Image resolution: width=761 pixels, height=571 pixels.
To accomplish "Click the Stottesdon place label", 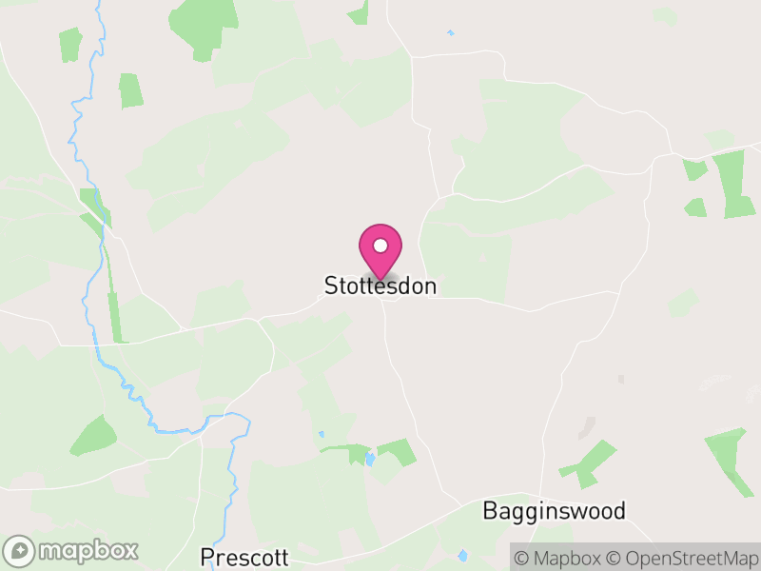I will [380, 285].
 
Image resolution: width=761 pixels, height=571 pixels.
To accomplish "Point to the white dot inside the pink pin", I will [380, 246].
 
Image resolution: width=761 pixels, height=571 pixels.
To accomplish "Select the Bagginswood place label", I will [555, 511].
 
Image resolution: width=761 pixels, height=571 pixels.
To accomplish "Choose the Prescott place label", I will [244, 556].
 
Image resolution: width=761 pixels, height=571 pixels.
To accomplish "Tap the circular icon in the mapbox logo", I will [19, 550].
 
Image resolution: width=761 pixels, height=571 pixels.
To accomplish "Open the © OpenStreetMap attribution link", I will [681, 557].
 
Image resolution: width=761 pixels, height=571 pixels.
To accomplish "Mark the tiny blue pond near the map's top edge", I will [450, 33].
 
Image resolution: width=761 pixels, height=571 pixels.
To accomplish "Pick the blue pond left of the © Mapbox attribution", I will [463, 555].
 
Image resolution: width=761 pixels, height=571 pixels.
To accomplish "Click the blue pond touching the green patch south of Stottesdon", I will [369, 460].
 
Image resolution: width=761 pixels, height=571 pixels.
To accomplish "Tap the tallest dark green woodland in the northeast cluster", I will [733, 183].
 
